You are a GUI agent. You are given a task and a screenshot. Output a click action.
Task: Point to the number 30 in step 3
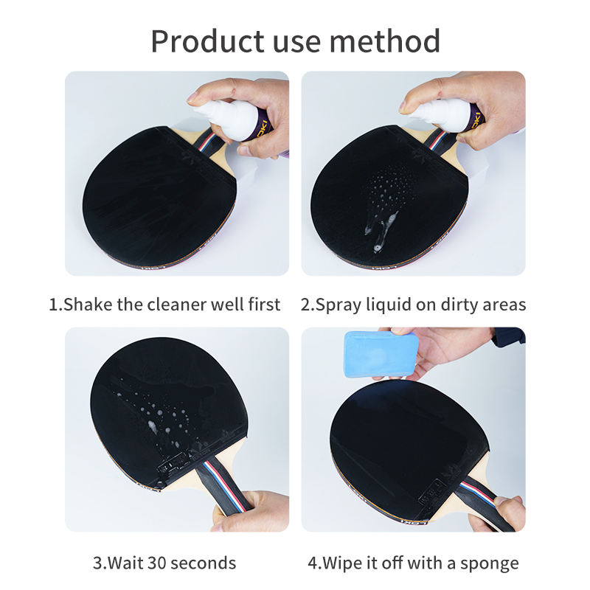pyautogui.click(x=157, y=563)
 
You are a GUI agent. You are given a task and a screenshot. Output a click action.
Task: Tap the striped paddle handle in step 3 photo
pyautogui.click(x=224, y=489)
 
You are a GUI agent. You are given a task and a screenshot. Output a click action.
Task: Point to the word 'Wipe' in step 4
pyautogui.click(x=341, y=564)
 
